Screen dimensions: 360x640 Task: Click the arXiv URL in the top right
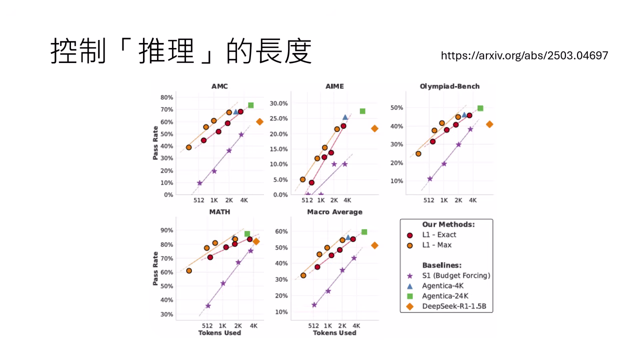click(x=524, y=55)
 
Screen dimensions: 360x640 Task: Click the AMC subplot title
click(x=219, y=86)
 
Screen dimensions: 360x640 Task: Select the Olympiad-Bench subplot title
click(x=449, y=86)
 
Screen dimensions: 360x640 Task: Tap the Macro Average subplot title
click(x=334, y=212)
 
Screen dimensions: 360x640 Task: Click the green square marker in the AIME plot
click(x=362, y=111)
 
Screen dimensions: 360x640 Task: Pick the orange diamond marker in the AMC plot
click(x=259, y=121)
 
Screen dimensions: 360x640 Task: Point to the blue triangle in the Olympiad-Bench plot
click(x=464, y=115)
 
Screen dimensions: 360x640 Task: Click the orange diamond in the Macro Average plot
click(x=374, y=245)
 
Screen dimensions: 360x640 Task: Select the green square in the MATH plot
click(x=247, y=233)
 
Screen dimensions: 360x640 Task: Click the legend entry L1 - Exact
click(x=438, y=235)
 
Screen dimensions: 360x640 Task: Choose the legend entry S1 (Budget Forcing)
click(x=455, y=275)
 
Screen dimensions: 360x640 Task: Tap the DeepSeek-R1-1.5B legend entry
click(x=453, y=306)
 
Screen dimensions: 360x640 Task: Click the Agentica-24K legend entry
click(x=444, y=296)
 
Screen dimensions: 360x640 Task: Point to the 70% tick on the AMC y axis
click(x=167, y=109)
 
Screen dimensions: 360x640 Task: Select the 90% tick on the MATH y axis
click(x=167, y=230)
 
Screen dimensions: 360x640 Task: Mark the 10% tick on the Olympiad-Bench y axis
click(x=396, y=181)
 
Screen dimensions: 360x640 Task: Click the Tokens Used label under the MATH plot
click(x=219, y=332)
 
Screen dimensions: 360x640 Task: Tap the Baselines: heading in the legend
click(x=441, y=265)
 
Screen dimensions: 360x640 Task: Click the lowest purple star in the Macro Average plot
click(x=314, y=305)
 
